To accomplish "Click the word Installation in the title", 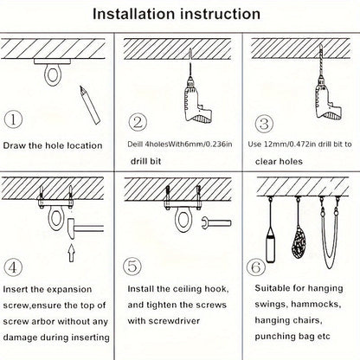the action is point(133,14).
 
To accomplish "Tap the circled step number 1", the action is point(13,119).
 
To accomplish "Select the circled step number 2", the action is point(138,122).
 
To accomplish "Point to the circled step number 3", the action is point(264,124).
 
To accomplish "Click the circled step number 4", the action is point(13,267).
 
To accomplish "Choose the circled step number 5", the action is point(132,266).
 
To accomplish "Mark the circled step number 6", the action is point(256,267).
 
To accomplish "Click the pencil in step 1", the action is point(90,105).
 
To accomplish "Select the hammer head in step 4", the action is point(71,229).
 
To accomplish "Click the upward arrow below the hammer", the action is point(71,253).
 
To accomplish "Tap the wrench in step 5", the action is point(216,223).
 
